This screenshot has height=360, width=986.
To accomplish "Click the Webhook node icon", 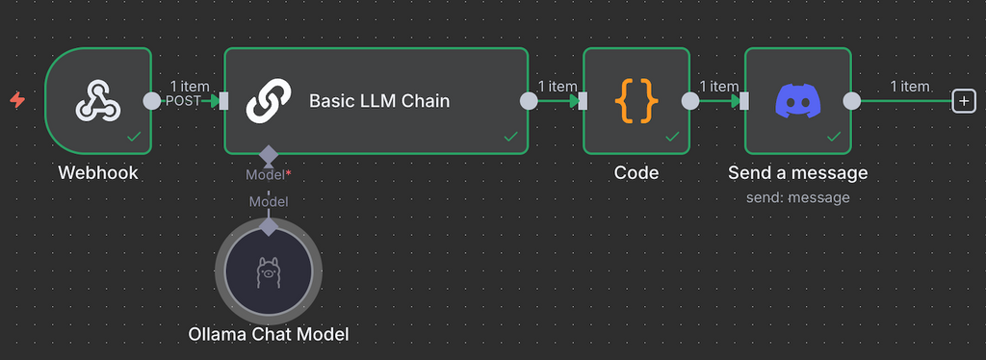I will click(x=97, y=100).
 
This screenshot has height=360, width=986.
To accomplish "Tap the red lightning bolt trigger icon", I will click(x=16, y=99).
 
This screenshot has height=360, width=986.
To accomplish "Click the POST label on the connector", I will click(x=183, y=101).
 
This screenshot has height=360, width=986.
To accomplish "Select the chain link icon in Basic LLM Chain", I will click(x=268, y=100).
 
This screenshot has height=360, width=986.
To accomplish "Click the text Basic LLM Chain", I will click(x=379, y=100).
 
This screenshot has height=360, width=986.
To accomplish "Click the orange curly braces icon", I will click(x=636, y=100).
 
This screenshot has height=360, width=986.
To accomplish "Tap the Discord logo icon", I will click(x=797, y=100).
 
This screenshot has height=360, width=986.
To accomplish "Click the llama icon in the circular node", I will click(x=268, y=273).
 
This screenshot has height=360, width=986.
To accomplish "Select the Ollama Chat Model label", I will click(x=268, y=334).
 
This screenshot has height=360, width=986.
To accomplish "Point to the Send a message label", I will click(x=797, y=173).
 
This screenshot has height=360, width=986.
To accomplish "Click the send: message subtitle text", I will click(x=797, y=197).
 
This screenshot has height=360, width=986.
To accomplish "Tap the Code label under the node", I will click(x=636, y=173).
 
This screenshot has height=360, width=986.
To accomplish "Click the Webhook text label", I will click(x=97, y=173).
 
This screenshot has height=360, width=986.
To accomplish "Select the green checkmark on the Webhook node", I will click(x=134, y=138).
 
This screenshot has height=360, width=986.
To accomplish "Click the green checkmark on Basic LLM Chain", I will click(x=510, y=138).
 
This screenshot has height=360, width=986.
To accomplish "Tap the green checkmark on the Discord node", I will click(x=833, y=138).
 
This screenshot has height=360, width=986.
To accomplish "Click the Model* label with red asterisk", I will click(x=268, y=174).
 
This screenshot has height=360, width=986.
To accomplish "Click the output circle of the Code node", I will click(x=689, y=100).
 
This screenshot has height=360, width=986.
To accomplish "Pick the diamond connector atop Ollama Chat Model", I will click(x=268, y=225).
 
